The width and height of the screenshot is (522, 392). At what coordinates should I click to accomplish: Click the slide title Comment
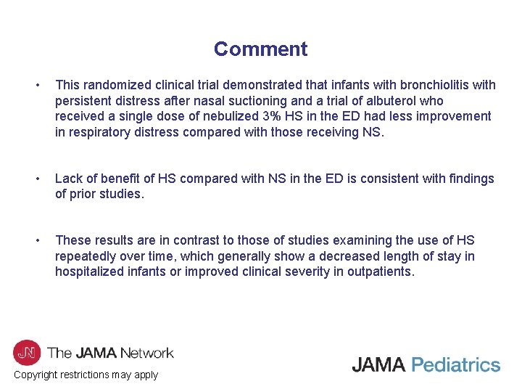tap(260, 49)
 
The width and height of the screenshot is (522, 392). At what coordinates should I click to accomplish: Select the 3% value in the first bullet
tap(274, 116)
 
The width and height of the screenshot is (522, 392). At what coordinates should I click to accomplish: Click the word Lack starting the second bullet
tap(70, 179)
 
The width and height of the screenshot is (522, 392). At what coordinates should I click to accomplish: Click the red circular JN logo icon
tap(27, 353)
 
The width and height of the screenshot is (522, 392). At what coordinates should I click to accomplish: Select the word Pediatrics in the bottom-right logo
tap(455, 364)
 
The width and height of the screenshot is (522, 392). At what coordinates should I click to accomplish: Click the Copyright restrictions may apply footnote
tap(86, 375)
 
